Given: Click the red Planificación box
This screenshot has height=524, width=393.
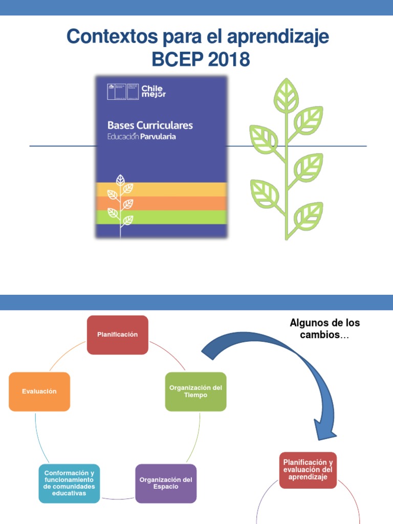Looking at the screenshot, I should [x=117, y=335].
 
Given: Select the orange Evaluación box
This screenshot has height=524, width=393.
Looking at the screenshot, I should [x=39, y=391].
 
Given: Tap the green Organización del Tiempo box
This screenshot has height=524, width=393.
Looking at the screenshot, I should [x=195, y=391].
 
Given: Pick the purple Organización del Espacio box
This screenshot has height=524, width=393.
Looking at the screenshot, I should [x=166, y=483].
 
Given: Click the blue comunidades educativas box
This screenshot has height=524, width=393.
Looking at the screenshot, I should [x=69, y=483].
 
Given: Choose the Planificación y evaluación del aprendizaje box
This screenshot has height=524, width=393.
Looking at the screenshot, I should [x=308, y=470].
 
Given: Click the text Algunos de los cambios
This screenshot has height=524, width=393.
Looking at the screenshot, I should [x=324, y=329].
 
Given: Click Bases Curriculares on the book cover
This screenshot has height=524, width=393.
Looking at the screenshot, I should [x=150, y=125].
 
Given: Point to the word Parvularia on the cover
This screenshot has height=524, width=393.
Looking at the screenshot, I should [x=158, y=137].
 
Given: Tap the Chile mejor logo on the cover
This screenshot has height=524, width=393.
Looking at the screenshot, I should [x=154, y=91].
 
